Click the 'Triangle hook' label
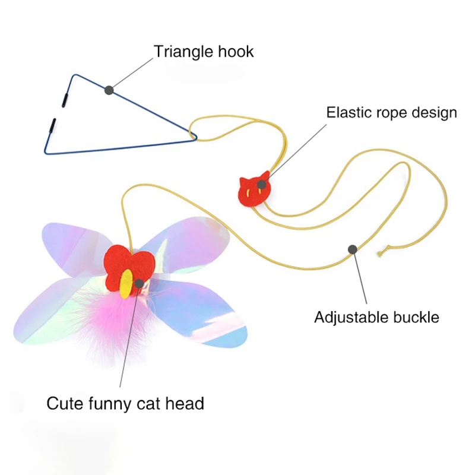(204, 52)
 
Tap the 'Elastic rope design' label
(391, 113)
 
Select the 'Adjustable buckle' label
(376, 318)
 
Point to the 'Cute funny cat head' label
(125, 404)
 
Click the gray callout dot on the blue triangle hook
(109, 90)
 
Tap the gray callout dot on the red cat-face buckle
(262, 184)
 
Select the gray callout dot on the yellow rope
(352, 249)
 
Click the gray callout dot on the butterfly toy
(139, 284)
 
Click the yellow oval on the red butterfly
(126, 284)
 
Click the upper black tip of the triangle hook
(65, 100)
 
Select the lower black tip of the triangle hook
(52, 125)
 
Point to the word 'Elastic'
(349, 113)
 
